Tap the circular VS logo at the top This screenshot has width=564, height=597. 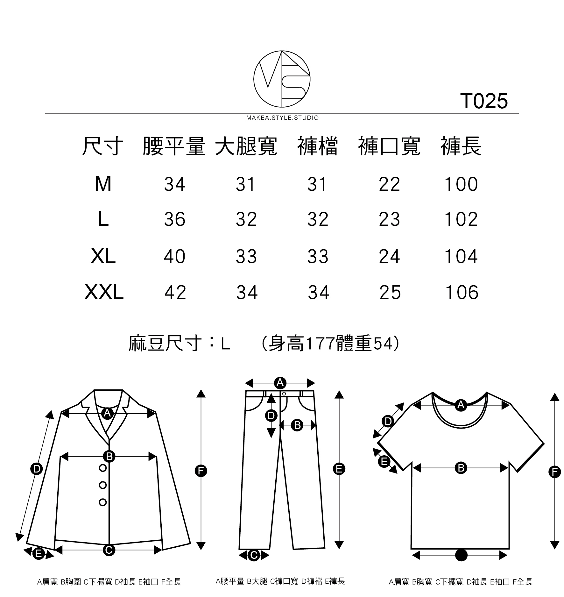[282, 79]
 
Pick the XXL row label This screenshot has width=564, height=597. [104, 292]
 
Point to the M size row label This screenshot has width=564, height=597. [103, 184]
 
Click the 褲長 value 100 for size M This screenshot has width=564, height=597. [461, 184]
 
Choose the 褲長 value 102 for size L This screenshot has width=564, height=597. [461, 219]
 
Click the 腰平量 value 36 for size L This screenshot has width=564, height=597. [174, 219]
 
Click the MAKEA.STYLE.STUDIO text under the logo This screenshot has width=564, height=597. [282, 118]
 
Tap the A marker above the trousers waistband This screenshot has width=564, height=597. [280, 382]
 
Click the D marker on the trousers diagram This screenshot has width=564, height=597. [271, 415]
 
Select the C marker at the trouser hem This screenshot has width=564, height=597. [254, 555]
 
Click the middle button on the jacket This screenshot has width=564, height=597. [103, 485]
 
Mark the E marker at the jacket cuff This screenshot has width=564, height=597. [39, 554]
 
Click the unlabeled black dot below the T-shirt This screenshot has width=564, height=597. [461, 555]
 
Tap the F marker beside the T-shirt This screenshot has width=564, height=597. [554, 471]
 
